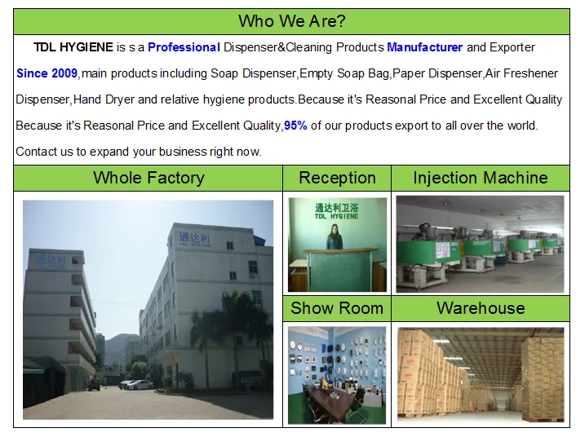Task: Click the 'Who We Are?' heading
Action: coord(292,21)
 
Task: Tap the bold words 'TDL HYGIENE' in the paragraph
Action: coord(73,47)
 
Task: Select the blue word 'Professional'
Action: coord(184,47)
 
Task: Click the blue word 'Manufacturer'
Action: coord(424,47)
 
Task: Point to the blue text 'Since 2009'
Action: coord(47,73)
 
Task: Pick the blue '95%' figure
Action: coord(295,126)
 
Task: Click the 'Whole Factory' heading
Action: coord(148,178)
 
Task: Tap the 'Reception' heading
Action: coord(337,178)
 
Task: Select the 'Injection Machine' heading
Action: coord(480,178)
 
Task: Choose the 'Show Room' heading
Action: coord(337,307)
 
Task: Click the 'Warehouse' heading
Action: coord(481,307)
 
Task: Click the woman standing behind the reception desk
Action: coord(335,237)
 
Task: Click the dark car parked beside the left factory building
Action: coord(94,384)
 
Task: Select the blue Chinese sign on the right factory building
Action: coord(194,239)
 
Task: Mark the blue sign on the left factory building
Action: coord(51,262)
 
